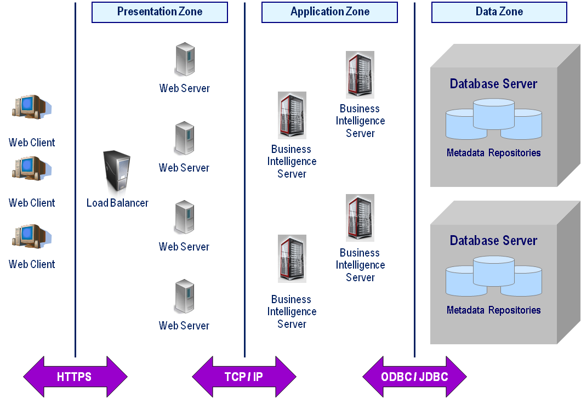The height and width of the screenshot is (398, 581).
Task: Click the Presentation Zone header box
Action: (x=160, y=12)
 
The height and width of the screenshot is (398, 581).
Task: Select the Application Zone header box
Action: (x=329, y=12)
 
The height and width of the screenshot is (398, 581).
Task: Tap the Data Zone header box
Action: (x=499, y=12)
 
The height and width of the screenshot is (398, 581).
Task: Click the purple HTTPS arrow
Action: (x=75, y=377)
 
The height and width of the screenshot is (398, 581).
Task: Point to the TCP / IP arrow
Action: (x=244, y=377)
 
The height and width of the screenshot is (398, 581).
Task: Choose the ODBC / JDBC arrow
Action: (x=414, y=377)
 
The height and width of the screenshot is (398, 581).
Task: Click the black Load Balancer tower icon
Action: (x=117, y=174)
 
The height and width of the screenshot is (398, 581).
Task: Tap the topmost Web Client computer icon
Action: (x=31, y=107)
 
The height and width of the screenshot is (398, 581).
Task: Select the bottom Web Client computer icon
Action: (x=31, y=236)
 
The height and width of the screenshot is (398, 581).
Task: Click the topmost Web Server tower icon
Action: (x=184, y=59)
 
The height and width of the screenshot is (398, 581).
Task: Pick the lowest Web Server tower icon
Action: (x=184, y=296)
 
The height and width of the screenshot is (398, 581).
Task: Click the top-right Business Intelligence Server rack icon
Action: (x=360, y=75)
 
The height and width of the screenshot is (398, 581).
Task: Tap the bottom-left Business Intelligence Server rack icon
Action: (x=292, y=259)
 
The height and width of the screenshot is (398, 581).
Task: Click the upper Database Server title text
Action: (x=493, y=84)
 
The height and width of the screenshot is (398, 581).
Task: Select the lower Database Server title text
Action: (x=493, y=241)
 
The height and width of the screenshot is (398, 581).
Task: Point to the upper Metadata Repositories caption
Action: (x=493, y=153)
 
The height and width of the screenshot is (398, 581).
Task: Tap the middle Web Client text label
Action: (x=32, y=203)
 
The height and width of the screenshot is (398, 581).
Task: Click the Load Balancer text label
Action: (x=117, y=203)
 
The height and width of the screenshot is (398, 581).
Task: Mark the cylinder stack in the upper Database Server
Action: (x=493, y=119)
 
